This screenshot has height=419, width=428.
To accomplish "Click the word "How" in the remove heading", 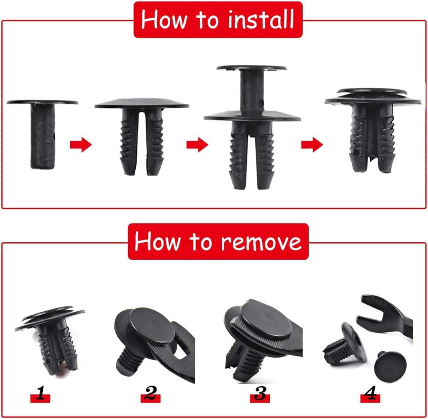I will coord(157,242).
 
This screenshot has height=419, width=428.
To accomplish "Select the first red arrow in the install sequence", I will coord(81,144).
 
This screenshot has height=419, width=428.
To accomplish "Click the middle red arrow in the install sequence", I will coord(197,144).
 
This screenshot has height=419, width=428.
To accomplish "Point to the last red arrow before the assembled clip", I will coord(312,144).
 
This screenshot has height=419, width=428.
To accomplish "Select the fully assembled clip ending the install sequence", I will coord(372,129).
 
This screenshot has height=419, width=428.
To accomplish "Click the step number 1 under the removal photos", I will coord(40,395).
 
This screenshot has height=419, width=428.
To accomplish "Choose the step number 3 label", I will coord(260,395).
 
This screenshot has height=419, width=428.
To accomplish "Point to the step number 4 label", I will coord(370,395).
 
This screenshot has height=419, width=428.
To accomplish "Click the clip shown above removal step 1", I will coord(51,338).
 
